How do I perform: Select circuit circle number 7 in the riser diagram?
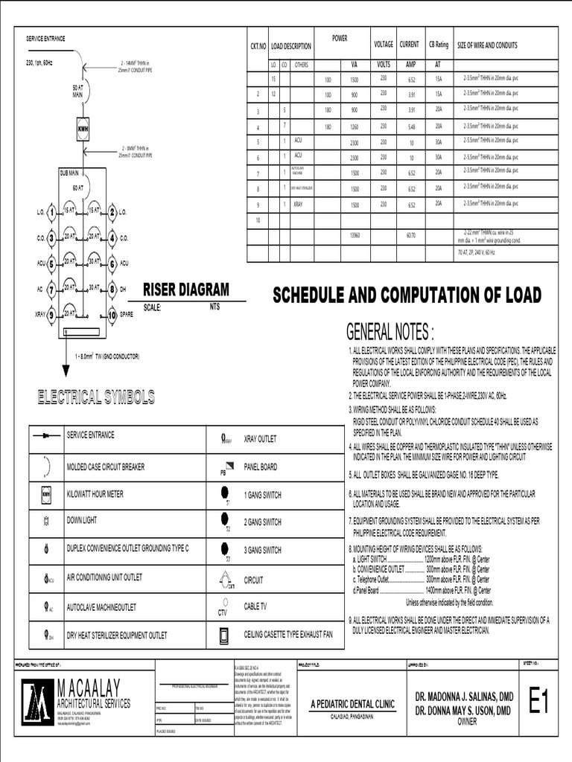point(51,289)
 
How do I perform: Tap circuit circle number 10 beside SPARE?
point(112,315)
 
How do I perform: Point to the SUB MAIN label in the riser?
point(69,172)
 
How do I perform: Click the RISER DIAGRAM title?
point(186,289)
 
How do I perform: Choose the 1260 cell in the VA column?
point(354,127)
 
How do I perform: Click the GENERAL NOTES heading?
point(390,331)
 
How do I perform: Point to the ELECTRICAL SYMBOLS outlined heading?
point(96,397)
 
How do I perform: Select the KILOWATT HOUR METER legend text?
point(95,494)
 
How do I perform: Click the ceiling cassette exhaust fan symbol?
point(223,635)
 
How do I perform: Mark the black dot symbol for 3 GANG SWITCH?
point(225,548)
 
